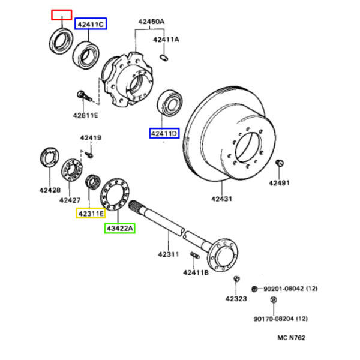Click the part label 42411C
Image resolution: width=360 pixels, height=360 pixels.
click(91, 25)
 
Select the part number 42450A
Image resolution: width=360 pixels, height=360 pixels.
click(151, 22)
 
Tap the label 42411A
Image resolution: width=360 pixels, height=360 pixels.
click(166, 40)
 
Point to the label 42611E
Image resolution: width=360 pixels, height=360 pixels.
click(85, 115)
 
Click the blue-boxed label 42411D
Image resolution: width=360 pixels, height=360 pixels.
click(164, 133)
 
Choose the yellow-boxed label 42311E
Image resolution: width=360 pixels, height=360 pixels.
click(91, 214)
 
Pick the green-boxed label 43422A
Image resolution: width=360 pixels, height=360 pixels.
click(119, 229)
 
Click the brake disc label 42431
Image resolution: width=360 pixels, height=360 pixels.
click(221, 199)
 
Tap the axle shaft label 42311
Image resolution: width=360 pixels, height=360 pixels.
click(168, 254)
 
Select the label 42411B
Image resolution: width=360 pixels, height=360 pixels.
click(196, 272)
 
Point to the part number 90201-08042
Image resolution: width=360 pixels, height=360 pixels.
click(284, 289)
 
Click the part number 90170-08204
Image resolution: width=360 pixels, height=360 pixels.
click(274, 319)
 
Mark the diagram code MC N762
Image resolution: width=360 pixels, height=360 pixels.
click(292, 338)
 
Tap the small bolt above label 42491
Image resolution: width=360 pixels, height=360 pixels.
click(280, 163)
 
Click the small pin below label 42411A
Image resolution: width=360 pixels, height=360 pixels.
click(164, 57)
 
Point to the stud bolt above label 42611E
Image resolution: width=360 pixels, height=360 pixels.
click(85, 96)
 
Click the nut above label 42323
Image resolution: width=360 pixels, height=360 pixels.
click(236, 279)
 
